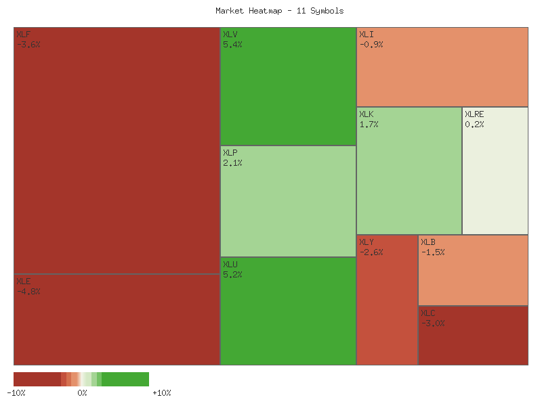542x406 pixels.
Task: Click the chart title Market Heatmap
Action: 279,11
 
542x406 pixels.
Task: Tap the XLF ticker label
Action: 24,34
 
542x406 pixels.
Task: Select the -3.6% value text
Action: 28,45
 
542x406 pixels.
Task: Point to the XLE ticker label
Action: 24,281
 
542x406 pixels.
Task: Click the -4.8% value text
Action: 28,292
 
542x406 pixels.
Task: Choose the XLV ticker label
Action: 230,34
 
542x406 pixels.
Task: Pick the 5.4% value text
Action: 232,45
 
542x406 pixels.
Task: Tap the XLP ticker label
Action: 230,152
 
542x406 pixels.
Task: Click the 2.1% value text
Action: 232,163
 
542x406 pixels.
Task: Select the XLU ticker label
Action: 230,264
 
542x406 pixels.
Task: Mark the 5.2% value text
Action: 232,275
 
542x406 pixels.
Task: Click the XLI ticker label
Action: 366,34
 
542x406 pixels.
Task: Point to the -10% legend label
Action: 16,393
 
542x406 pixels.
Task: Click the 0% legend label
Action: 82,393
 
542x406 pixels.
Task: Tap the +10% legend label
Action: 161,393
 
